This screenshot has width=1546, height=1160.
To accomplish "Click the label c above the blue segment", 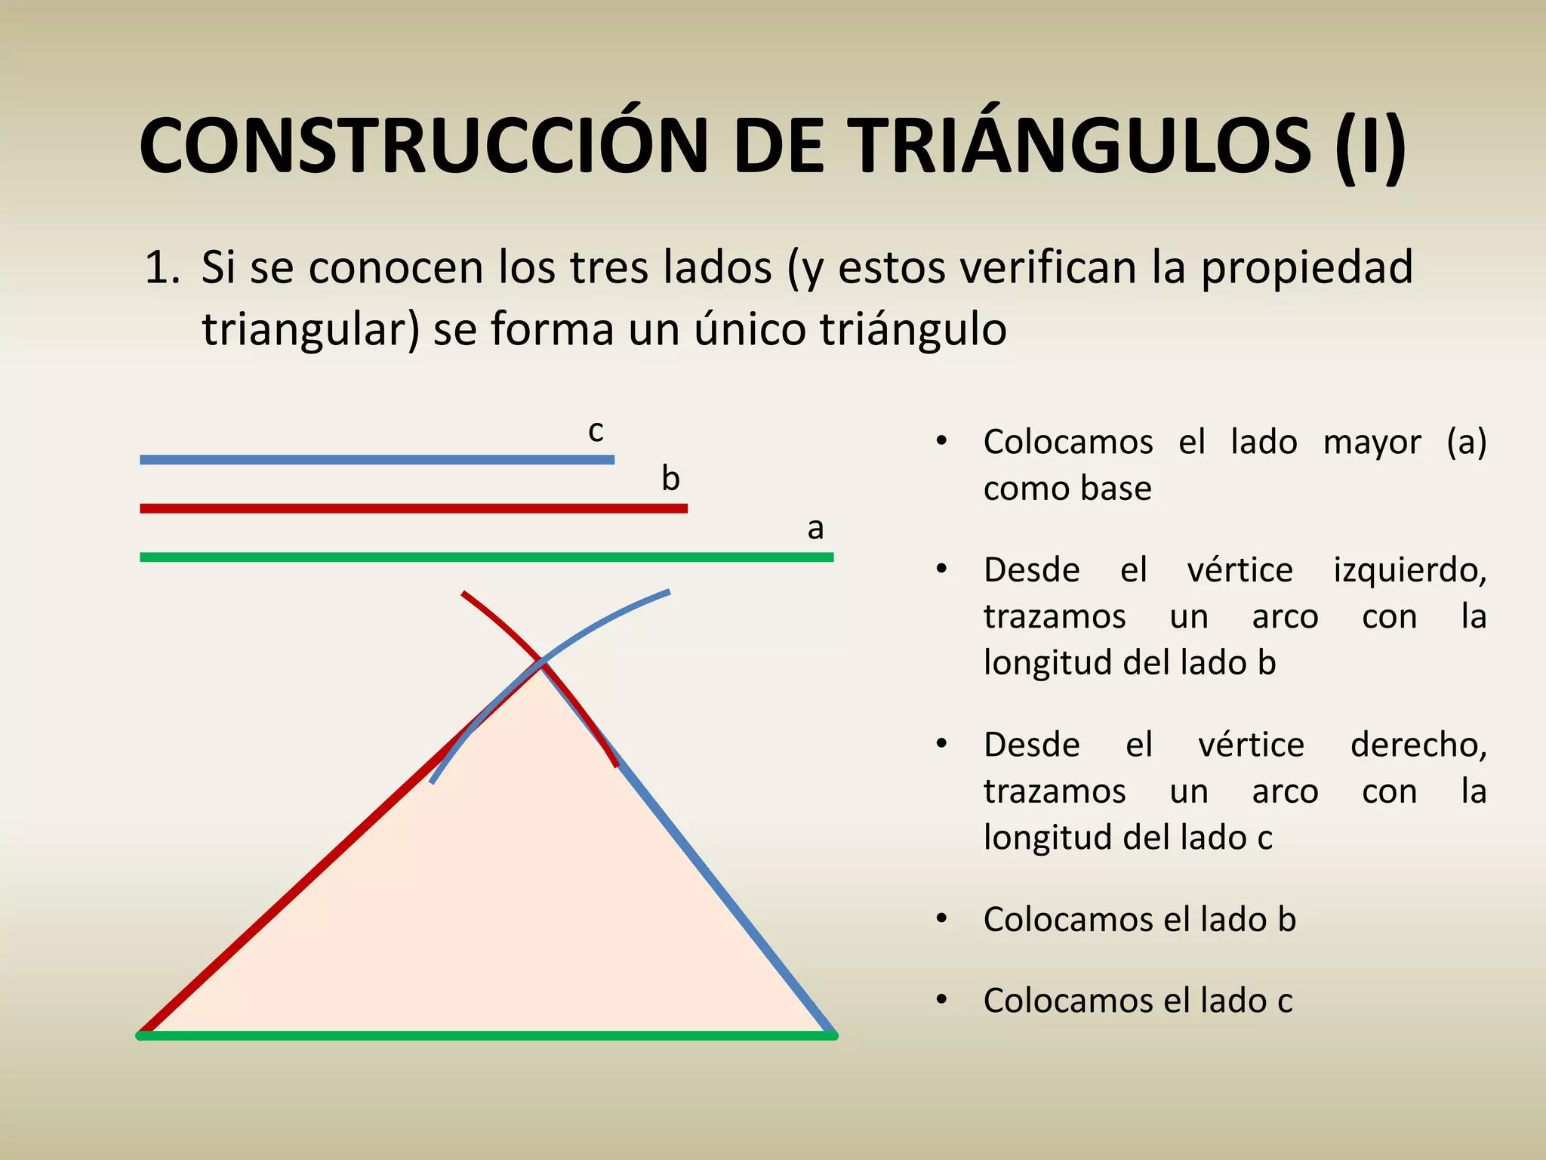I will pos(596,430).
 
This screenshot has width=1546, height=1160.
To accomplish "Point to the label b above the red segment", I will pos(670,479).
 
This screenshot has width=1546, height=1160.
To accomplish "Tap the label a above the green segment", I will pos(815,528).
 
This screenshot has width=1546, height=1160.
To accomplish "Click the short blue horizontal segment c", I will pos(377,459).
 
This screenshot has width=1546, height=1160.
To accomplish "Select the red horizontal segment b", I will pos(414,508).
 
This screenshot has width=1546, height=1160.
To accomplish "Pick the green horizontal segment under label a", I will pos(487,557).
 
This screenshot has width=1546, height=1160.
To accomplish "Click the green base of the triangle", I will pos(487,1035).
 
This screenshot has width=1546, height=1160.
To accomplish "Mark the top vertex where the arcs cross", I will pos(541,662).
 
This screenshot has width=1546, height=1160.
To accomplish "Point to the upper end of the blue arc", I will pos(668,591).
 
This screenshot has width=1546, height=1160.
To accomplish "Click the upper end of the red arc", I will pos(464,594).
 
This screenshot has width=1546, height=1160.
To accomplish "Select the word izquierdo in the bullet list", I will pos(1409,570).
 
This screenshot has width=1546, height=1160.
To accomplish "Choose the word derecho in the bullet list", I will pos(1418,745).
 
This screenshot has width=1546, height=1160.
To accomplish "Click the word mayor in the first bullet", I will pos(1372,443).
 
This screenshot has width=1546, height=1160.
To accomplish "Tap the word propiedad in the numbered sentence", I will pos(1307,268).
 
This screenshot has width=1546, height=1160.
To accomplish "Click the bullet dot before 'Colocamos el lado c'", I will pos(941,1000).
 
